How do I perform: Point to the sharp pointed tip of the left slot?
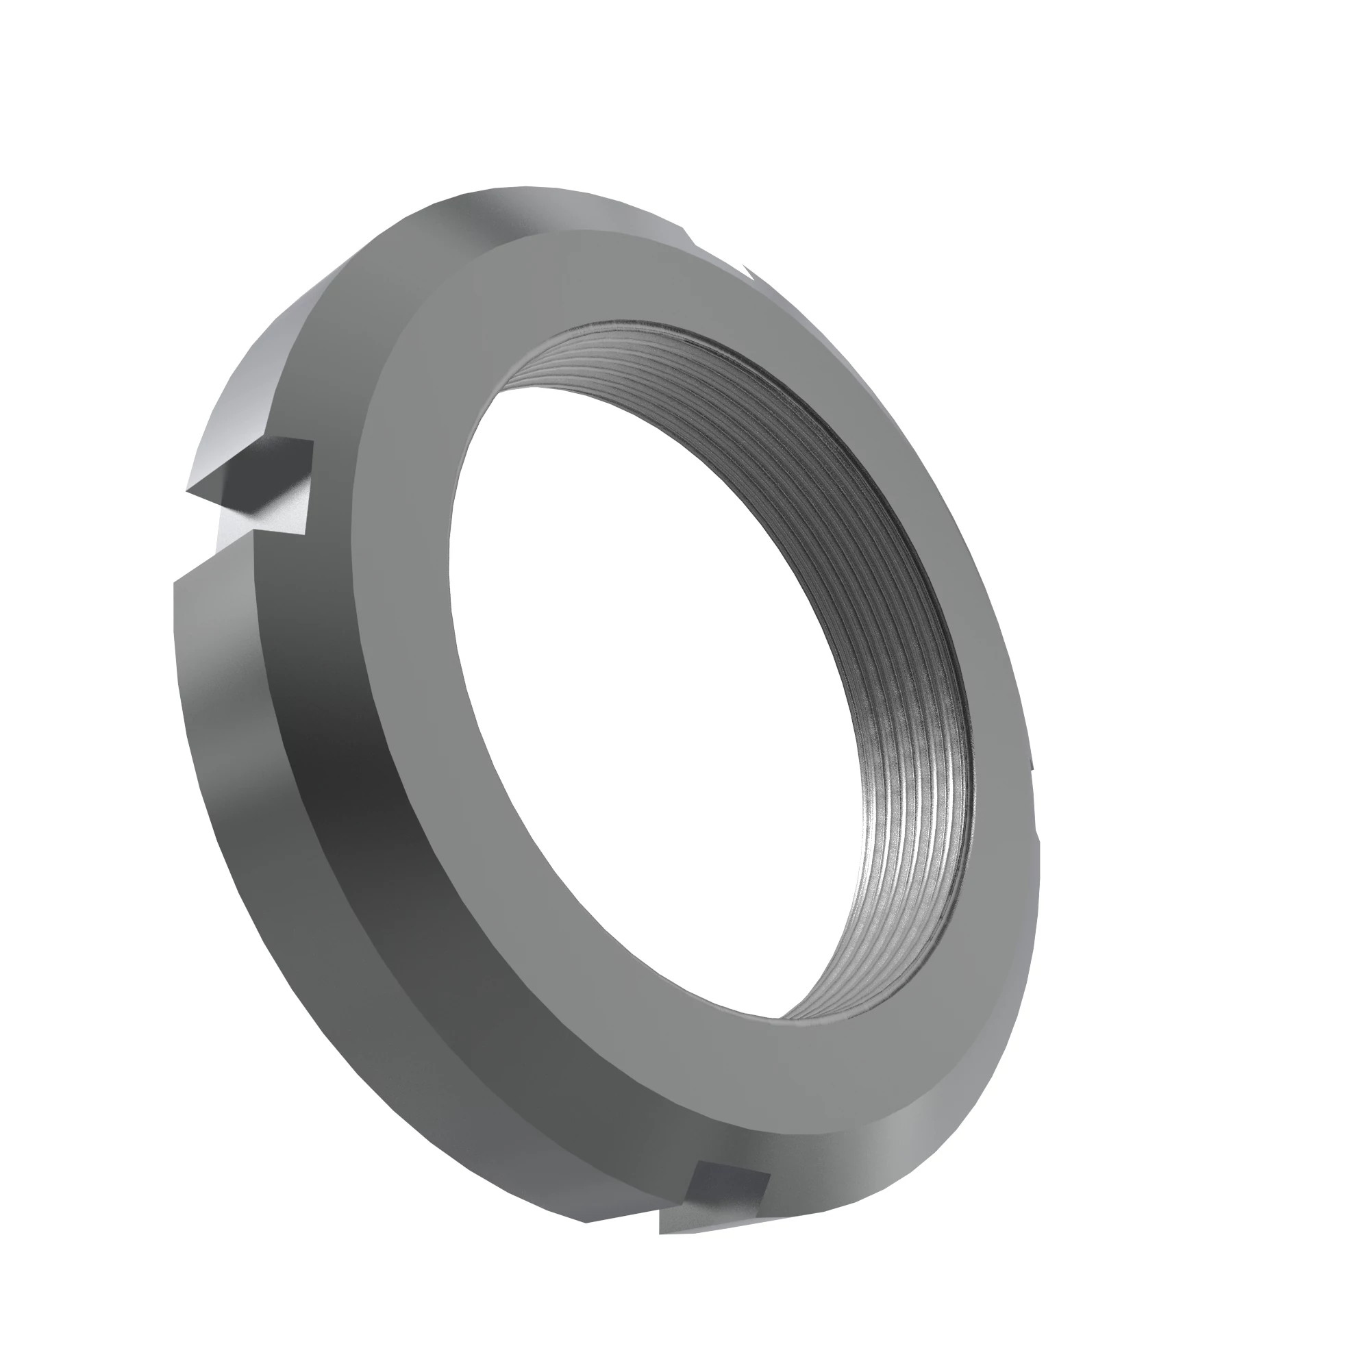coord(189,489)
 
